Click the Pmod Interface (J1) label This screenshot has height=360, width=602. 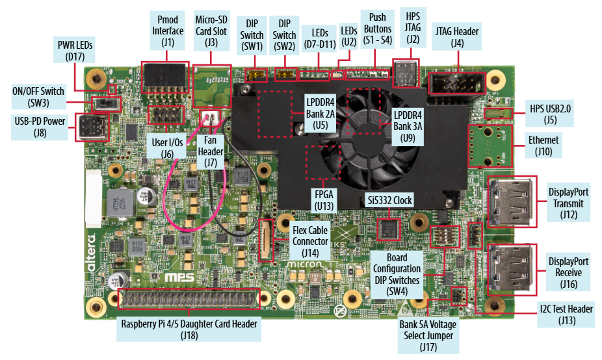click(168, 30)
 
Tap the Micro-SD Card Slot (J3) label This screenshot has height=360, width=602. click(211, 30)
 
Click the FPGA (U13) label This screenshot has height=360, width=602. click(323, 199)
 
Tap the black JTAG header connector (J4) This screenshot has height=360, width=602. click(455, 83)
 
